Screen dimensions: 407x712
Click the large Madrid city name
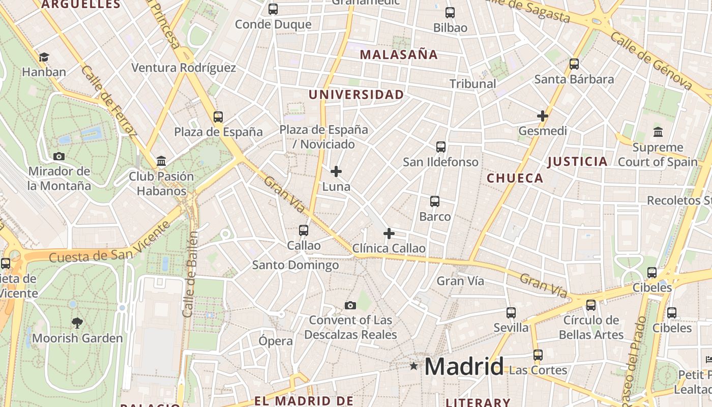(464, 366)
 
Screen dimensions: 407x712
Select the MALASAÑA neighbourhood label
(399, 54)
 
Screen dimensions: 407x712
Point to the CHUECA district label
(515, 178)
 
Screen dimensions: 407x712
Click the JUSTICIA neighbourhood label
(577, 162)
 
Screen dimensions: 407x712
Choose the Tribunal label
(472, 83)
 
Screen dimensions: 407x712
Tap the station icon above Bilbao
(450, 13)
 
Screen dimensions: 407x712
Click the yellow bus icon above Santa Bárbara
(574, 64)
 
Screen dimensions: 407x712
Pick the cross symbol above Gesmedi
(543, 116)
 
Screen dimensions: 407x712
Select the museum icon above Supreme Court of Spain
(658, 132)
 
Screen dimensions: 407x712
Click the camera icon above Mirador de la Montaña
(59, 156)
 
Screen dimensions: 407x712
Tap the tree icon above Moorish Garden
(77, 323)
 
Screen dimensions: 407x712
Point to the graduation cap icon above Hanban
(44, 57)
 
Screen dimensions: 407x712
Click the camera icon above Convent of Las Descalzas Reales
(350, 305)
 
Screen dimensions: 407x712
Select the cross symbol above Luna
(336, 171)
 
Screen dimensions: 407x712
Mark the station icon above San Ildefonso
(441, 147)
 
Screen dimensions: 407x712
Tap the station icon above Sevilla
(511, 313)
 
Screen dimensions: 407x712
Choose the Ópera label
(276, 341)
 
